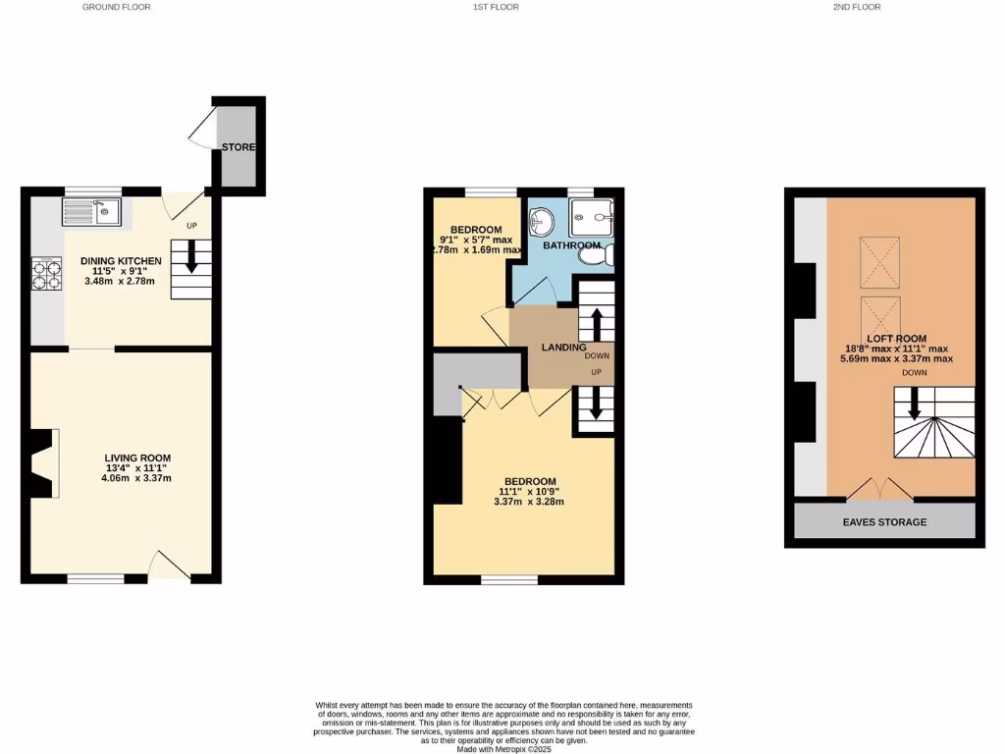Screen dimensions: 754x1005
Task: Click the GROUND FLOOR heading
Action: click(117, 7)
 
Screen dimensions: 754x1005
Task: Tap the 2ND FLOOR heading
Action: click(857, 7)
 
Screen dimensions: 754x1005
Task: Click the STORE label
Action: click(238, 147)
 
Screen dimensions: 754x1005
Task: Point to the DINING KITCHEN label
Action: click(121, 261)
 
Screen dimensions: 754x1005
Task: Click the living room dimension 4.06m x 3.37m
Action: click(138, 479)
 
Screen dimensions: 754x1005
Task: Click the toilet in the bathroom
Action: click(596, 256)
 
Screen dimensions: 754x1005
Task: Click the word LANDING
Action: click(563, 348)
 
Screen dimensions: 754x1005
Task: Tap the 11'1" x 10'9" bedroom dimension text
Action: click(528, 491)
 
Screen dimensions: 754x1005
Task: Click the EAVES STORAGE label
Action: click(884, 522)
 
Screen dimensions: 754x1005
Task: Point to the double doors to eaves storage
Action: click(876, 488)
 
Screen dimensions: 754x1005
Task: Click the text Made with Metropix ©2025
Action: click(504, 749)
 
